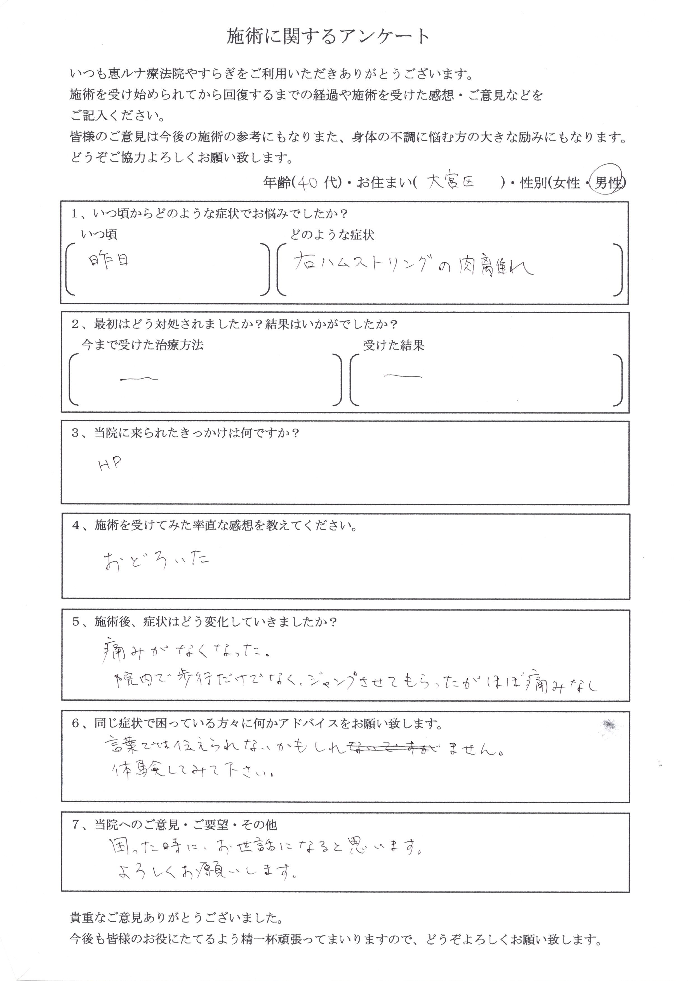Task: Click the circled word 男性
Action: click(607, 183)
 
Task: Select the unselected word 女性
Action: click(566, 183)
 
